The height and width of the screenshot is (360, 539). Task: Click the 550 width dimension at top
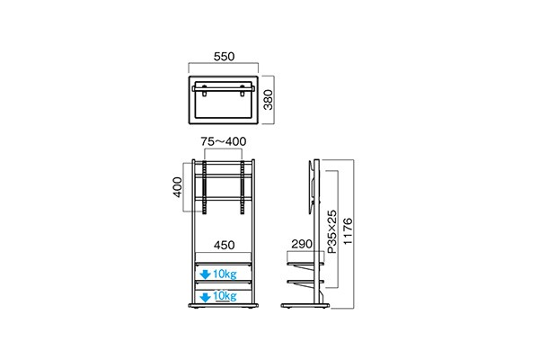[225, 56]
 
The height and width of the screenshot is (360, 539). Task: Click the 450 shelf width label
[225, 244]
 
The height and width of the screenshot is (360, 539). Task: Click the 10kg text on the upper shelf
[223, 274]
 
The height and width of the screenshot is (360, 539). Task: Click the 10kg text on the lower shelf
[223, 295]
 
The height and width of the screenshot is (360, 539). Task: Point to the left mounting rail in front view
[207, 190]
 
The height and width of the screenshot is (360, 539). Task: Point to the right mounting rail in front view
[243, 190]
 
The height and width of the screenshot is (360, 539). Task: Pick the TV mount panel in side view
[311, 185]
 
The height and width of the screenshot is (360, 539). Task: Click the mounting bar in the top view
[225, 88]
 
